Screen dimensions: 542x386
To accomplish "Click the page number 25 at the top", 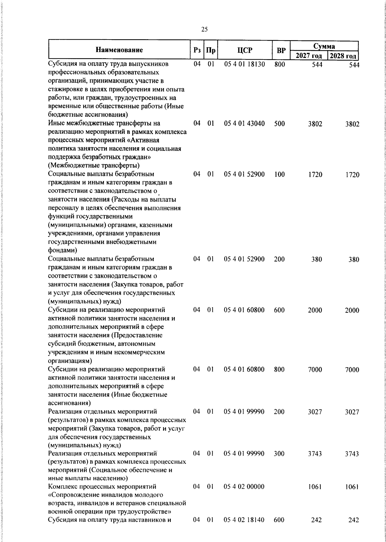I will pos(204,30).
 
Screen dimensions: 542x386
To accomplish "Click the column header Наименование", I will pos(119,50).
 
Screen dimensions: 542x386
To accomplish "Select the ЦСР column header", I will pos(245,50).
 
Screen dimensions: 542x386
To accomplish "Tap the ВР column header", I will pos(281,50).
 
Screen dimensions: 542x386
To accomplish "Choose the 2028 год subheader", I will pos(343,56).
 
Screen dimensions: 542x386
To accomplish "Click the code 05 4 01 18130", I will pos(244,64).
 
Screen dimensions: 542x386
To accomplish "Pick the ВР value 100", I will pos(279,174).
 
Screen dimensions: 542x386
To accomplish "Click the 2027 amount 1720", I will pos(315,175).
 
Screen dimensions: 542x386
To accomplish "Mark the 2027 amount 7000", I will pos(315,370).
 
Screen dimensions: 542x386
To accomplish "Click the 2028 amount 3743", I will pos(352,454).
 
